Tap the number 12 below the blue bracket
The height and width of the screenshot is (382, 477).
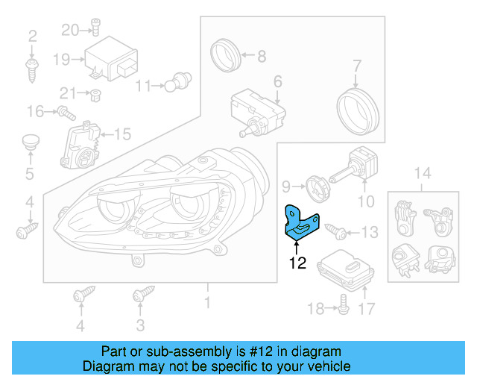[297, 263]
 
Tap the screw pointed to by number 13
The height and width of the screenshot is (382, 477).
[333, 231]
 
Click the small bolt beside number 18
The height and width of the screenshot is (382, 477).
[343, 302]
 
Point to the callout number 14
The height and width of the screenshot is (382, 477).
[422, 174]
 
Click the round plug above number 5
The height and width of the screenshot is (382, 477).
[30, 142]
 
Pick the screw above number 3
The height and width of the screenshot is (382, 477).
[139, 296]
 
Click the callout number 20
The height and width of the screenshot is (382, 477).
[69, 30]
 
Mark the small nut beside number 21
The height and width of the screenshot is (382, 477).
[95, 94]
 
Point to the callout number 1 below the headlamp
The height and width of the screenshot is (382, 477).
[208, 303]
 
